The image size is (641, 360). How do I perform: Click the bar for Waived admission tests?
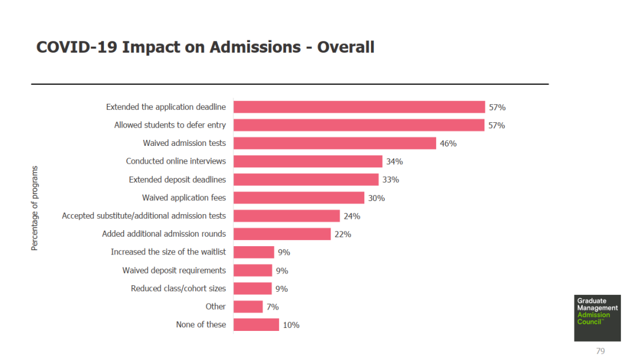(x=335, y=143)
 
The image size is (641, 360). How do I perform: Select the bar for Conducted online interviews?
(x=307, y=161)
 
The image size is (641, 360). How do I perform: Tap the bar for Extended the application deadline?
(x=359, y=107)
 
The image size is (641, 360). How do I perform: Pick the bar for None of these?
(x=256, y=324)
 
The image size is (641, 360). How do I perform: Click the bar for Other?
(x=248, y=307)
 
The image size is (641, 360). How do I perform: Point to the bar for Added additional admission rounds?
(x=282, y=234)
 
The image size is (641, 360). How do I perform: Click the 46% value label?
(x=448, y=144)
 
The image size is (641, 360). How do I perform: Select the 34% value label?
(x=394, y=161)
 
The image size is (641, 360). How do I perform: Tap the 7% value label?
(x=272, y=307)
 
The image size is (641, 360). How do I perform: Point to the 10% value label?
(x=291, y=325)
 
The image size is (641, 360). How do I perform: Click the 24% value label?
(x=352, y=216)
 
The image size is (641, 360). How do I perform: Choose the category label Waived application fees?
(x=184, y=197)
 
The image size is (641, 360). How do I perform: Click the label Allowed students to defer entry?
(x=170, y=125)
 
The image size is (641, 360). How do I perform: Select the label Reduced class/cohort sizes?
(x=178, y=289)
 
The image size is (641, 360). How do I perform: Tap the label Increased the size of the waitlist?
(x=168, y=252)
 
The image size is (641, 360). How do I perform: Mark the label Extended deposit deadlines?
(x=177, y=179)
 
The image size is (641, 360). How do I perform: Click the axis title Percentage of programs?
(x=34, y=208)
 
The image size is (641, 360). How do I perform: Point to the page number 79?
(x=600, y=351)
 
